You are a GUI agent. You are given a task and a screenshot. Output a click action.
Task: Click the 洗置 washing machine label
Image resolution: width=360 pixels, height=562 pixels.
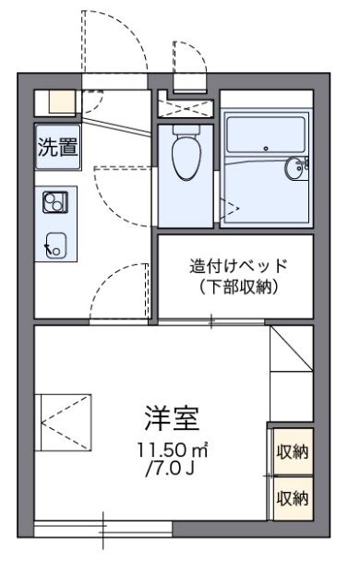[56, 148]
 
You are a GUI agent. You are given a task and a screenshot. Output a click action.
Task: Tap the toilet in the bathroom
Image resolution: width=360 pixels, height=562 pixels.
[186, 154]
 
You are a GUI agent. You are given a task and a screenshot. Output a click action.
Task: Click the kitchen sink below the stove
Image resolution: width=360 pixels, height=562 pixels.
[55, 244]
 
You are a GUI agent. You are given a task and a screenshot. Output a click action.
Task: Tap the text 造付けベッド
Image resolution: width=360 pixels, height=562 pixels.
[238, 266]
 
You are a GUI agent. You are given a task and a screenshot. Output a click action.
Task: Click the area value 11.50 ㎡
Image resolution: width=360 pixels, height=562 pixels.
[172, 452]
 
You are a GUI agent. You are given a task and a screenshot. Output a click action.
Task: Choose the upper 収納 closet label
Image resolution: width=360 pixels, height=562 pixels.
[292, 453]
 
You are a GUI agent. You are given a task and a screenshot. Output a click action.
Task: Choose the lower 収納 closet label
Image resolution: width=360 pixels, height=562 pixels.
[292, 499]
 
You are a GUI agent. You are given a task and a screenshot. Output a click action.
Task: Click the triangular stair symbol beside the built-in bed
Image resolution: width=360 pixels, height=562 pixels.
[290, 351]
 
